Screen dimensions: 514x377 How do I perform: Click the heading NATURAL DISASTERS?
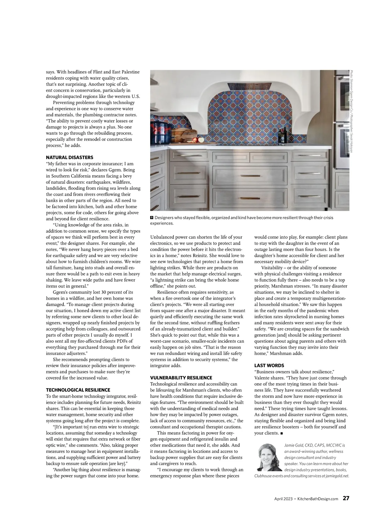click(x=69, y=157)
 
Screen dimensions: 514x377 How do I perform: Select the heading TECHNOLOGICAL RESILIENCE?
click(x=78, y=390)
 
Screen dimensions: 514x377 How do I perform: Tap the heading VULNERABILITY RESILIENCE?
click(x=181, y=378)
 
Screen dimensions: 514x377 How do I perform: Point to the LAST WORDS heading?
click(x=269, y=366)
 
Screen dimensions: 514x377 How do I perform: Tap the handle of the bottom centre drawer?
click(x=249, y=198)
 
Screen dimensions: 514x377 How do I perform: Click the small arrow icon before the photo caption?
click(x=152, y=218)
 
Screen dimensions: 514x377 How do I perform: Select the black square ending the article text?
click(x=281, y=433)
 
